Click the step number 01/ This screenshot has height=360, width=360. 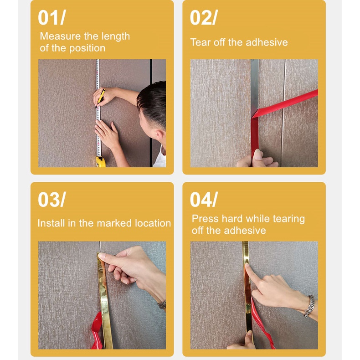click(52, 18)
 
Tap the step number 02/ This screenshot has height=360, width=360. click(204, 18)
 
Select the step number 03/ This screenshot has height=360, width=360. click(52, 200)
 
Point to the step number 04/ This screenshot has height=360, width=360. click(204, 200)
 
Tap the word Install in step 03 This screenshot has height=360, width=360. click(51, 223)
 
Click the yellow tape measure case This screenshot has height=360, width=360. click(101, 162)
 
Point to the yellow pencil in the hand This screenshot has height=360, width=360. click(101, 98)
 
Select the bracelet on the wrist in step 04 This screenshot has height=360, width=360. click(309, 306)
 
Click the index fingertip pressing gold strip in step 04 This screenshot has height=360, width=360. click(247, 266)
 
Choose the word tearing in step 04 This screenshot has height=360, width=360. click(289, 219)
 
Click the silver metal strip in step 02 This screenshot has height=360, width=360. click(254, 87)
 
